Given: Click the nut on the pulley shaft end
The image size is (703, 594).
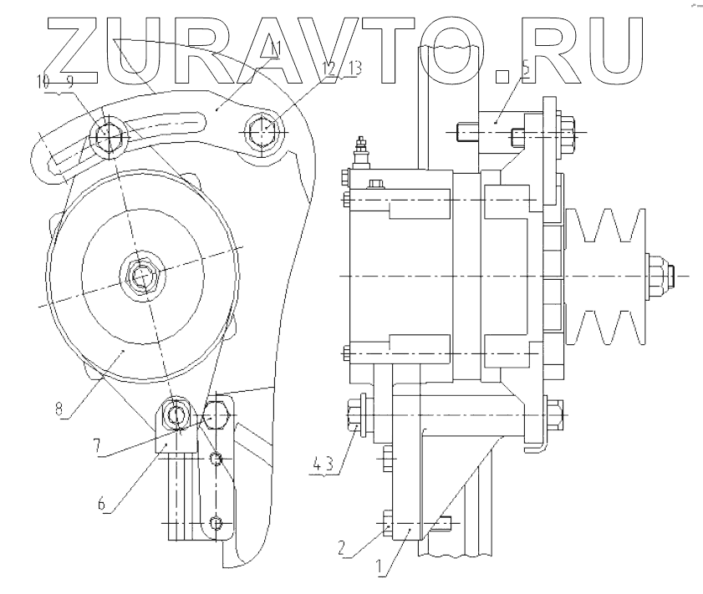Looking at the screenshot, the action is coord(654,275).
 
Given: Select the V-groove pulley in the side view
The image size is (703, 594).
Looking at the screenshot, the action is coord(606,275).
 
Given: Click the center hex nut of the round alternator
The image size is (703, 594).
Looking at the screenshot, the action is coord(139,274).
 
